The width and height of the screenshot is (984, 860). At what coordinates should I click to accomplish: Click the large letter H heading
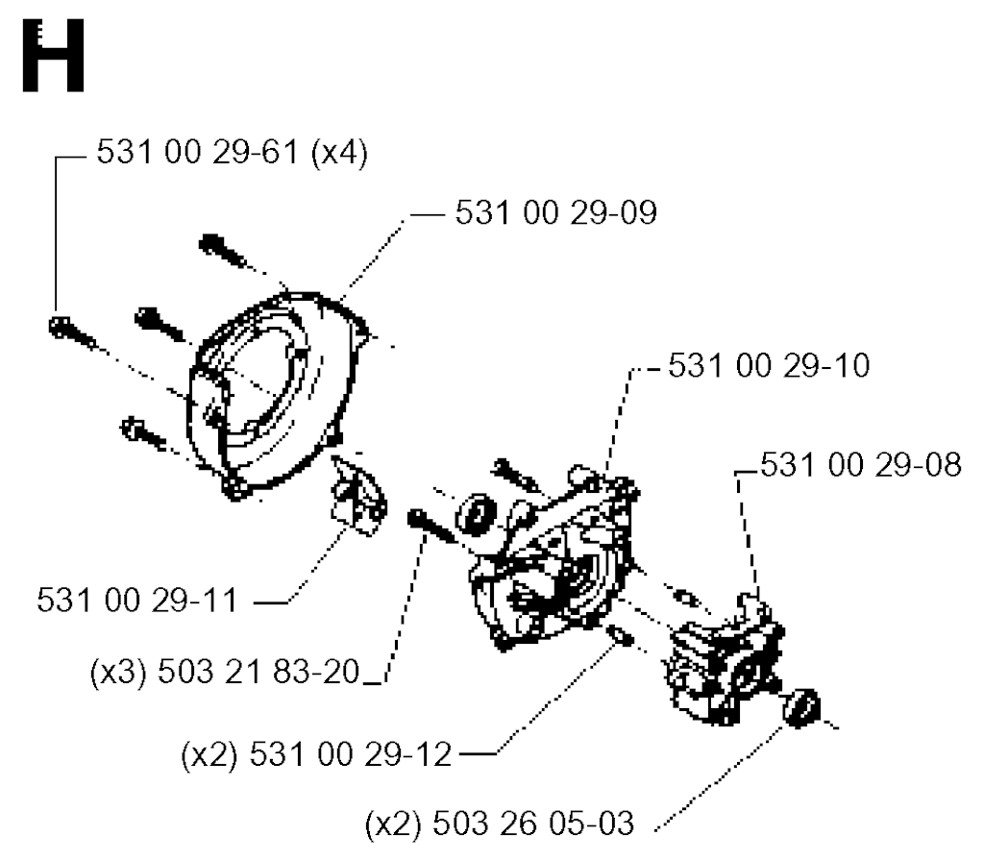tap(54, 56)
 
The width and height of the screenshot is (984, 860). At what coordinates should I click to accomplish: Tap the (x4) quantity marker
tap(339, 153)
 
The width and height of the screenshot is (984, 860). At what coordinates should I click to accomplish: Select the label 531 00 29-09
tap(556, 212)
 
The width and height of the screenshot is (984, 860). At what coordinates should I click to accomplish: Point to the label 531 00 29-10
tap(769, 365)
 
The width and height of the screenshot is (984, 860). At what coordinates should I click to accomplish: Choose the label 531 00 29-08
tap(861, 465)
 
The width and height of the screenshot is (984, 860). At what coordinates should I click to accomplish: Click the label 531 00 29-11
tap(137, 601)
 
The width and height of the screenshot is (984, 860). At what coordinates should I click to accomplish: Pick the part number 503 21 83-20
tap(258, 673)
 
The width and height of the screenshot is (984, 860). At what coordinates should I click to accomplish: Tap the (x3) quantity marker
tap(118, 673)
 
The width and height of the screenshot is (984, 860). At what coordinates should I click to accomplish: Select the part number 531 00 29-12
tap(351, 754)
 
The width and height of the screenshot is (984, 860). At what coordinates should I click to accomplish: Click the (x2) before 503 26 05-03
tap(393, 823)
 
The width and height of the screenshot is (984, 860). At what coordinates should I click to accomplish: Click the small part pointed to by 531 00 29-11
tap(358, 495)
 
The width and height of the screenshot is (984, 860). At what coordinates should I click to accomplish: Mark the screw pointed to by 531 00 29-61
tap(71, 333)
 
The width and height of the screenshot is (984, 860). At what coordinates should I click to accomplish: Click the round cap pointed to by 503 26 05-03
tap(801, 708)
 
